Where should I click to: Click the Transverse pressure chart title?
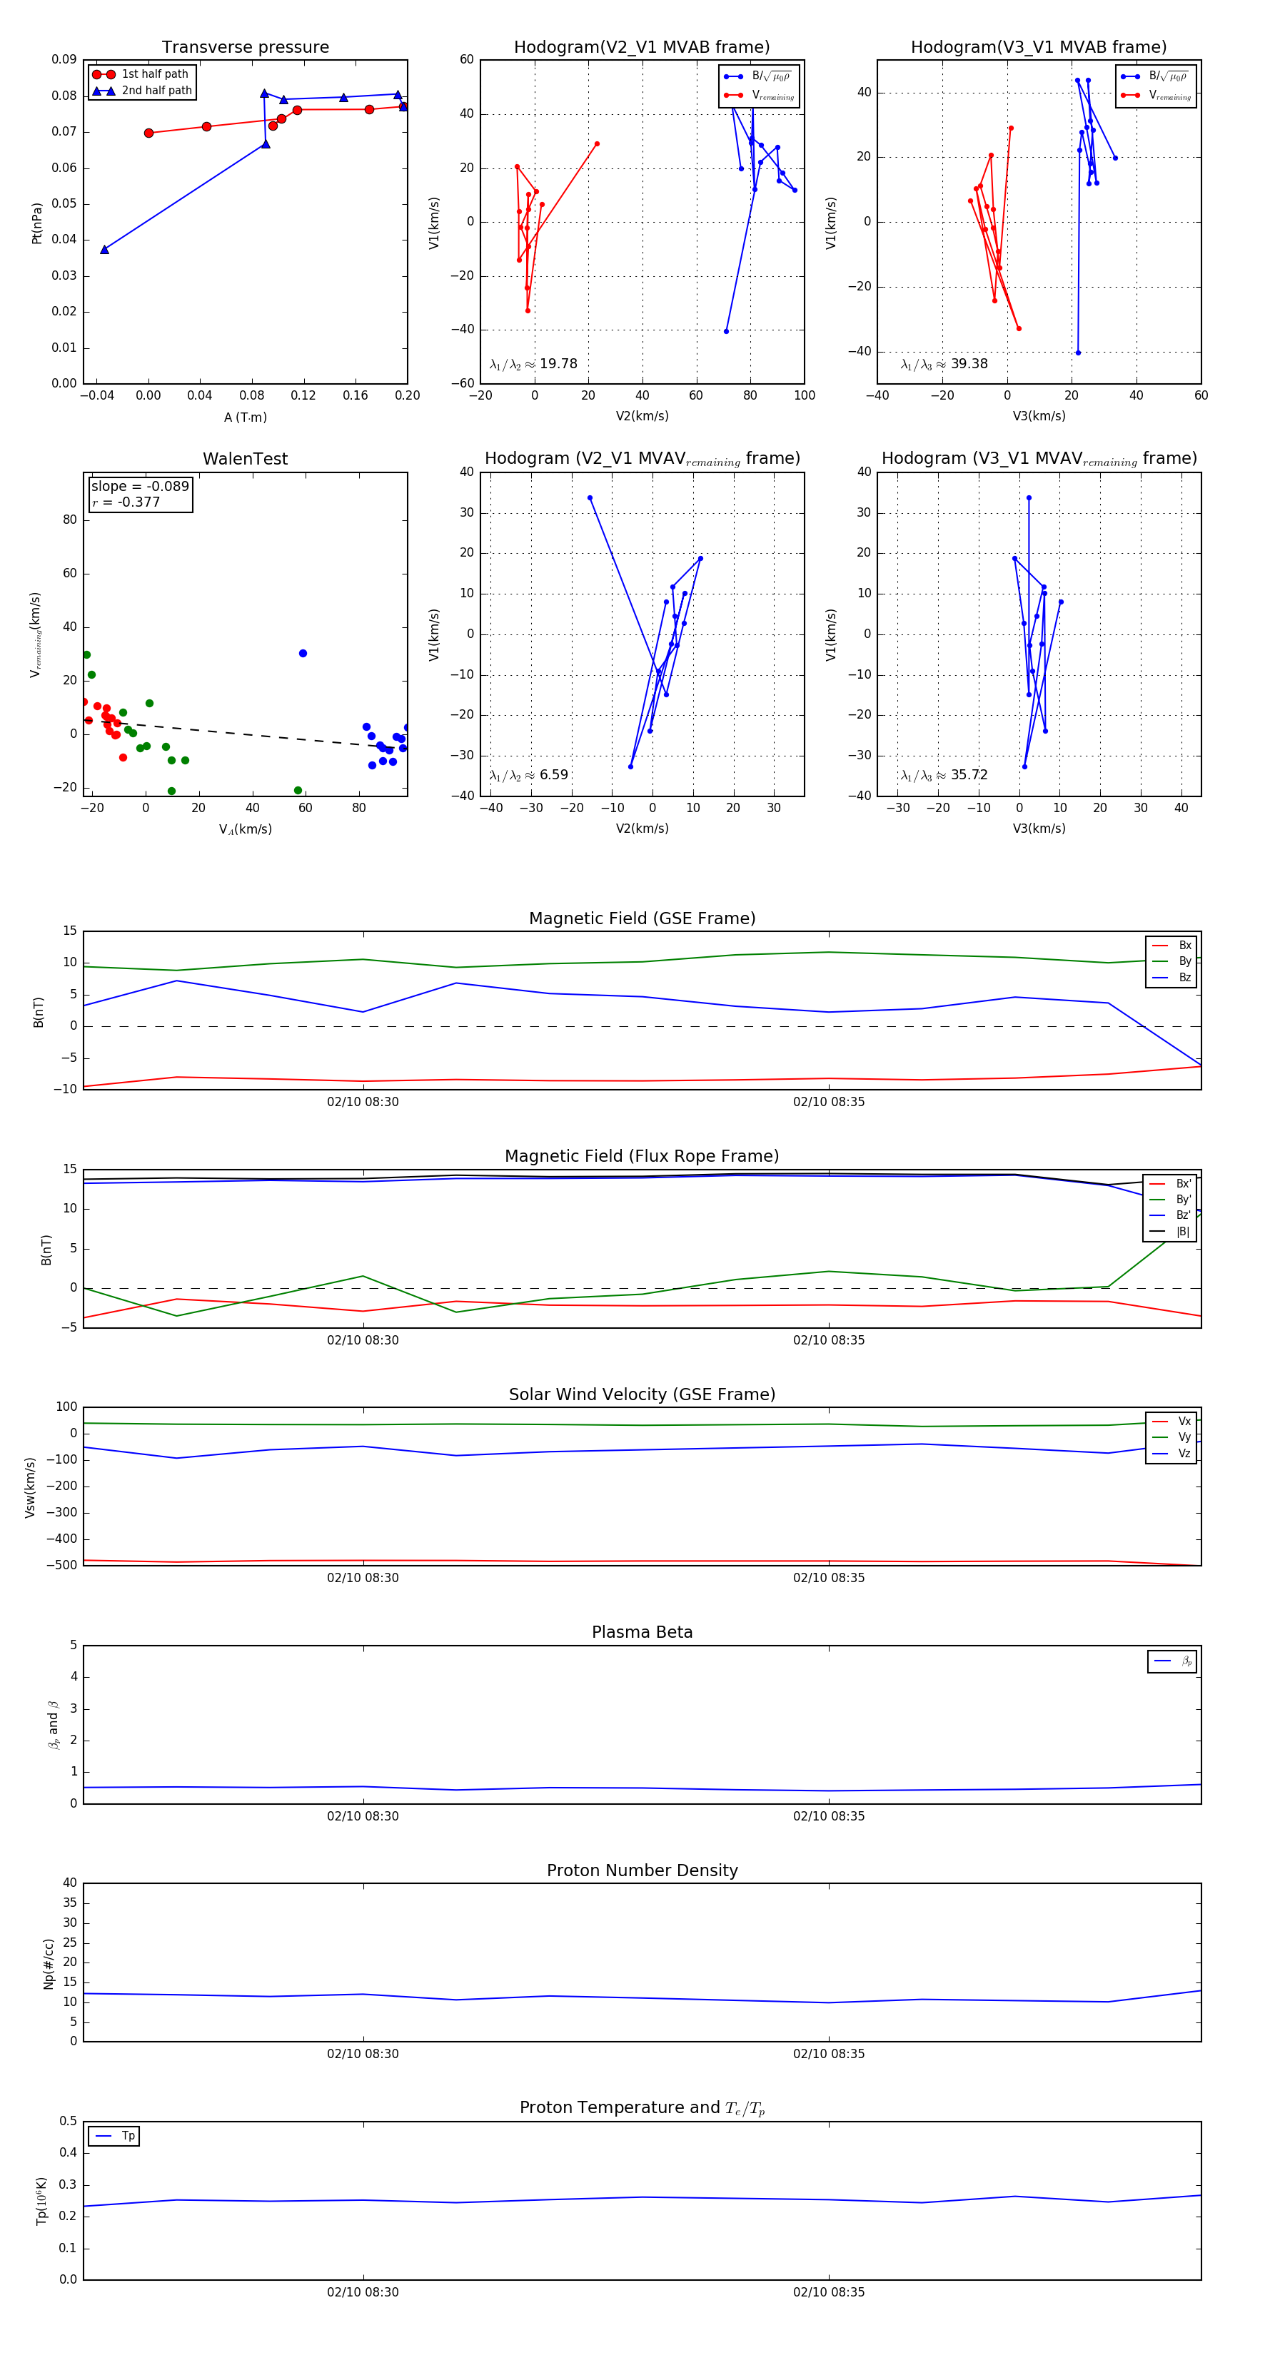pyautogui.click(x=245, y=48)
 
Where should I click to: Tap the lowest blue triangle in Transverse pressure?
pyautogui.click(x=104, y=250)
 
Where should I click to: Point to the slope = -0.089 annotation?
pyautogui.click(x=140, y=487)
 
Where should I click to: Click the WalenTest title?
pyautogui.click(x=245, y=459)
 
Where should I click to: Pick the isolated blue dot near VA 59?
pyautogui.click(x=303, y=654)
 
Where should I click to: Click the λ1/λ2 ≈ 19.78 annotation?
pyautogui.click(x=533, y=364)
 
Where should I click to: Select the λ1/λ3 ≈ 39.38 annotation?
pyautogui.click(x=944, y=364)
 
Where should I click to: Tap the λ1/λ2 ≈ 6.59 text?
pyautogui.click(x=528, y=775)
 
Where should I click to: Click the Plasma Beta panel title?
pyautogui.click(x=642, y=1632)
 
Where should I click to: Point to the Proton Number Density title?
pyautogui.click(x=642, y=1870)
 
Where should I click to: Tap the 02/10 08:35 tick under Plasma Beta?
pyautogui.click(x=829, y=1816)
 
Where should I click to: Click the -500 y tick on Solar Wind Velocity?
pyautogui.click(x=64, y=1565)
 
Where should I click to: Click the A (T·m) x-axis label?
pyautogui.click(x=245, y=417)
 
